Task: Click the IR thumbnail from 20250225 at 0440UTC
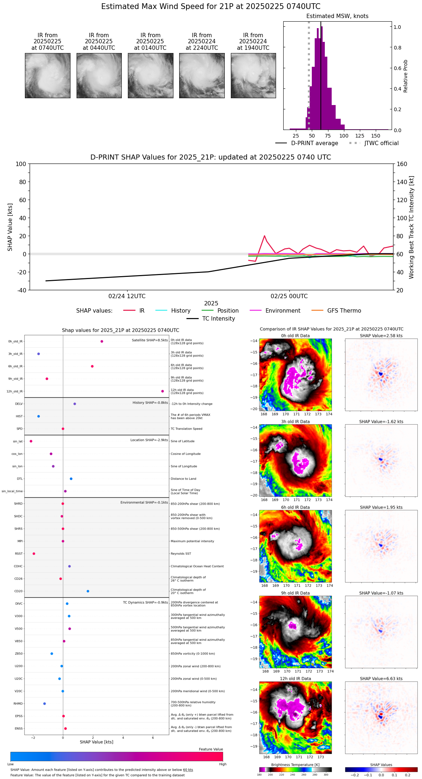coord(99,75)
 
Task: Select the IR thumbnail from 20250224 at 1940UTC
coord(253,75)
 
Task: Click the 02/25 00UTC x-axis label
coord(289,296)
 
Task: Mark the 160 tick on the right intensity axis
coord(402,164)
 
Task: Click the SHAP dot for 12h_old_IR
coord(163,391)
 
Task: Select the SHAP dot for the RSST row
coord(34,554)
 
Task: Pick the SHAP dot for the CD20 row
coord(88,591)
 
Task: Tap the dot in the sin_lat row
coord(31,441)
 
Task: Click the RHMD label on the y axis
coord(18,704)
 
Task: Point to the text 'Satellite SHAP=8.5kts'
coord(150,340)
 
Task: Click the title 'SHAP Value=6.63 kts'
coord(381,679)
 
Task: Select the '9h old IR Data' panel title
coord(295,593)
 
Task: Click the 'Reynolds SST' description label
coord(181,554)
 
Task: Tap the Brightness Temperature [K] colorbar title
coord(295,765)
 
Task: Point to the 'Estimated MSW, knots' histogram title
coord(337,16)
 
